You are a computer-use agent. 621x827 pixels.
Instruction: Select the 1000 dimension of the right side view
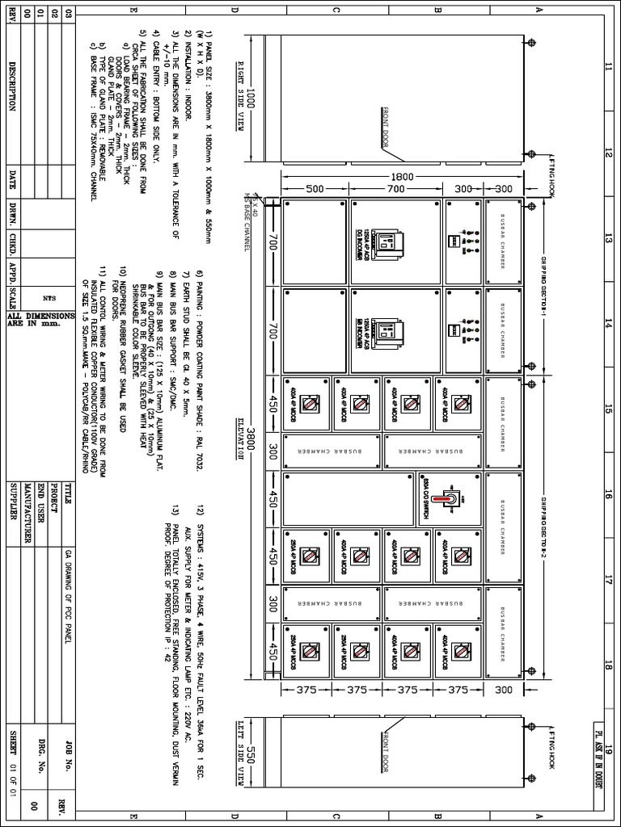click(x=251, y=99)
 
